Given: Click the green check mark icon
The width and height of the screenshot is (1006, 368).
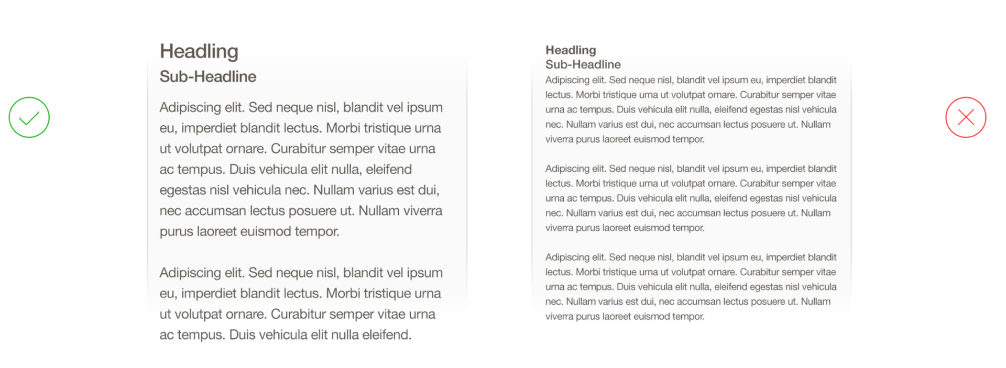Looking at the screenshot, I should pyautogui.click(x=29, y=117).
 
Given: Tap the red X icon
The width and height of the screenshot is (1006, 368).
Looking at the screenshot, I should pyautogui.click(x=966, y=117).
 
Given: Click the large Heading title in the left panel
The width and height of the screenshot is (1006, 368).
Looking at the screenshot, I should pyautogui.click(x=199, y=51).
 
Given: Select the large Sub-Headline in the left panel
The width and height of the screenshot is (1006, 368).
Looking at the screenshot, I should pyautogui.click(x=208, y=76).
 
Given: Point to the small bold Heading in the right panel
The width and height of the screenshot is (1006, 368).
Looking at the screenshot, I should pyautogui.click(x=571, y=50).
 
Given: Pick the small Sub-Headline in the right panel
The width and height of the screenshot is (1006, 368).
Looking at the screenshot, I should pyautogui.click(x=583, y=64).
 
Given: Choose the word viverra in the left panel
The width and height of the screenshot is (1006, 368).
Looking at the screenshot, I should pyautogui.click(x=422, y=211).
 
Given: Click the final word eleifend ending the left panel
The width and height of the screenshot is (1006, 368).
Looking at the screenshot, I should pyautogui.click(x=387, y=335).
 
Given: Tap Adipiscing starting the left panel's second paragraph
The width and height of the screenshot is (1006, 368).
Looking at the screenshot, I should pyautogui.click(x=190, y=273).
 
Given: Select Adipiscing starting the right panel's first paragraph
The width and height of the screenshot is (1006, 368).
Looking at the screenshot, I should pyautogui.click(x=567, y=80).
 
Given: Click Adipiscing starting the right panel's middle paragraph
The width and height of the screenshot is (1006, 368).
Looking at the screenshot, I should pyautogui.click(x=567, y=169).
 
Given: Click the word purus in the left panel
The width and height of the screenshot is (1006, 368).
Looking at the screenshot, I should pyautogui.click(x=176, y=231).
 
